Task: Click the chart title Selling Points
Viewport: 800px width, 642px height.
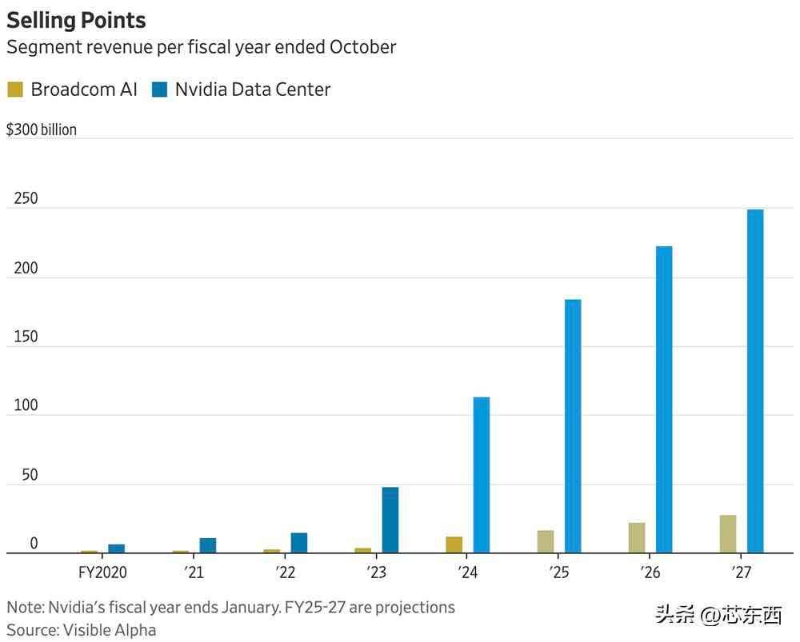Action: coord(77,19)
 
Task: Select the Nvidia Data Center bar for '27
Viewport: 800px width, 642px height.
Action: coord(755,381)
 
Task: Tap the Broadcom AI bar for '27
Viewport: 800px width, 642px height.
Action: coord(728,533)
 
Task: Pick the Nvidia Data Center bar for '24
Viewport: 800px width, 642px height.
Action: coord(482,475)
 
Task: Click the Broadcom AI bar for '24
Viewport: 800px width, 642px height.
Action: coord(454,544)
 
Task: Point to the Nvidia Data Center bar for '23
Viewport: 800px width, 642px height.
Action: coord(390,520)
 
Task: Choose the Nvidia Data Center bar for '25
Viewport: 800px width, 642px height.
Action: coord(573,426)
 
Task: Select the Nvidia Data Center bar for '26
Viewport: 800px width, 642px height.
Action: coord(664,399)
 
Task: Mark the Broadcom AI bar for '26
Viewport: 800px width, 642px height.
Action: coord(637,537)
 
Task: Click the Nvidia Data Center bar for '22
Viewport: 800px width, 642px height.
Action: coord(299,543)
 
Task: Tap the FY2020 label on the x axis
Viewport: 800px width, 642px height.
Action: coord(102,572)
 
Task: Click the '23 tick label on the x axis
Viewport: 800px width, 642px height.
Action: coord(377,572)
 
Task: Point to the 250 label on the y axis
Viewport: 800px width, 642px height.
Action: coord(26,199)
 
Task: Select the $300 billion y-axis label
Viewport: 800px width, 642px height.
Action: coord(42,130)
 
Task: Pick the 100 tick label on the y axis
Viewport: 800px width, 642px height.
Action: coord(26,405)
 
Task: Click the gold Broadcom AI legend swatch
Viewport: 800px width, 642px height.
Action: coord(15,90)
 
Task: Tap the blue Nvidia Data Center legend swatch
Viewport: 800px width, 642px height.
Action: coord(160,90)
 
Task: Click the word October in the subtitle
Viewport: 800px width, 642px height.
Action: coord(362,47)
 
